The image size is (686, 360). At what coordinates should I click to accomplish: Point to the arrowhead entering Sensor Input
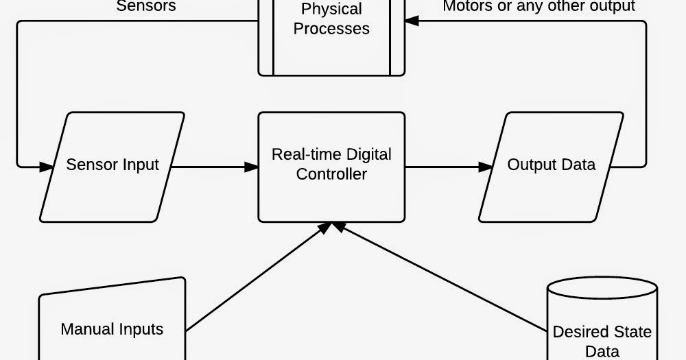(x=47, y=167)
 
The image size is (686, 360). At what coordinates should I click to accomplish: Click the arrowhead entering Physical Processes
(x=412, y=21)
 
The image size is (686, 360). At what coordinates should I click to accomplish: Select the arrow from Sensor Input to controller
(x=213, y=167)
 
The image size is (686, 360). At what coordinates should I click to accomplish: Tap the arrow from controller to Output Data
(x=446, y=167)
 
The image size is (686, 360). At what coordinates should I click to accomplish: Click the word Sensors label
(x=146, y=6)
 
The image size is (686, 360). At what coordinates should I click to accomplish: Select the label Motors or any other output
(x=539, y=6)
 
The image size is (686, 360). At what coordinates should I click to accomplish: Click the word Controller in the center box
(x=331, y=174)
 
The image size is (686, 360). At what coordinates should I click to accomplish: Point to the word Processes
(x=331, y=29)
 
